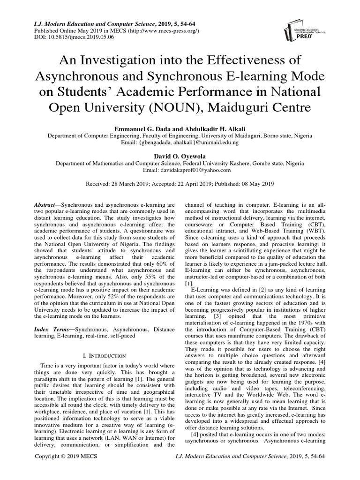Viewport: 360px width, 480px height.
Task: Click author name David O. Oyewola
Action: pos(180,156)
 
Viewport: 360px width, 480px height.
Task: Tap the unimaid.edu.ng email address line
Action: pos(180,142)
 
